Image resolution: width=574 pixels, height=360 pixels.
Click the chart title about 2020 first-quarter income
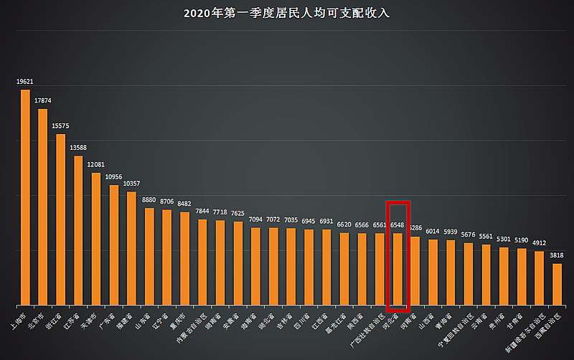click(287, 13)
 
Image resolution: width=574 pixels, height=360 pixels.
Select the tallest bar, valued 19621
click(25, 197)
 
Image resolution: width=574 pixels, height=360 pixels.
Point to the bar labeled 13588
click(78, 230)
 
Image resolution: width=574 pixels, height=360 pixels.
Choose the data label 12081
click(96, 165)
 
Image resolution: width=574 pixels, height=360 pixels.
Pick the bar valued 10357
click(131, 248)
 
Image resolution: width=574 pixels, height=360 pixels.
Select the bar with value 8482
click(184, 258)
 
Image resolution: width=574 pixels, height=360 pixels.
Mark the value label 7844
click(202, 211)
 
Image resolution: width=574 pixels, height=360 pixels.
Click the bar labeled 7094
click(255, 266)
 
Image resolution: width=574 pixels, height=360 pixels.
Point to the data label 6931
click(326, 221)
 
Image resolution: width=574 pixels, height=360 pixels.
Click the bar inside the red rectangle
click(397, 269)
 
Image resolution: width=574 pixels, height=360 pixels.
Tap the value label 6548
click(397, 224)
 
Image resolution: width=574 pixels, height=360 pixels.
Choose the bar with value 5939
click(451, 272)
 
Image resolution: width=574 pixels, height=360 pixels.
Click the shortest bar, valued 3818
click(557, 284)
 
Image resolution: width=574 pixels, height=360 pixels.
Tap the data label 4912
click(539, 243)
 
